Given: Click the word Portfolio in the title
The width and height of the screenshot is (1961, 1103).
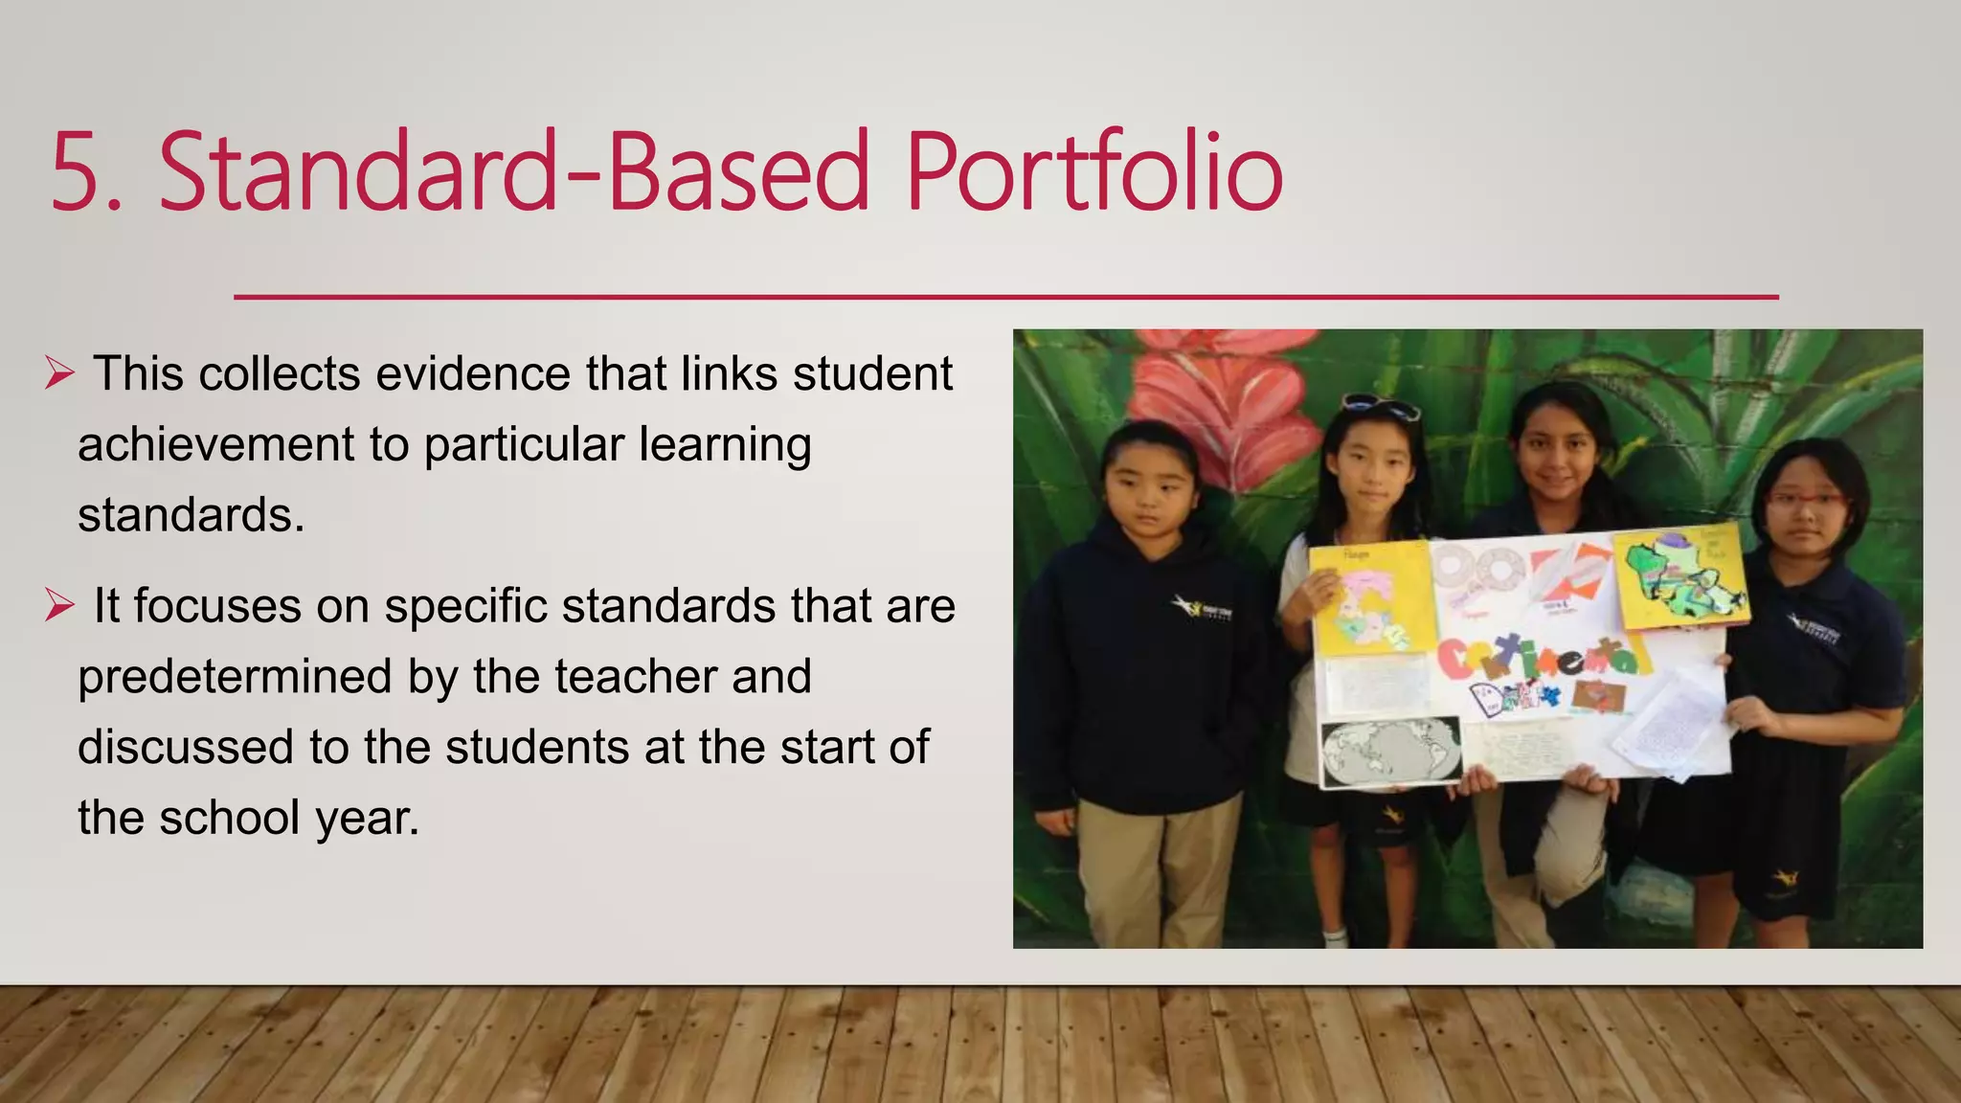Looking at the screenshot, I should (x=1093, y=172).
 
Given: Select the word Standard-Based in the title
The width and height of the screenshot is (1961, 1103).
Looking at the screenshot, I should (x=514, y=172).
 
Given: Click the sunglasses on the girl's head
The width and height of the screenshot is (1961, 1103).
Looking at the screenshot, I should (x=1380, y=407).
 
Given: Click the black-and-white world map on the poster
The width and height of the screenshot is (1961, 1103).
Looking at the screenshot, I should (x=1390, y=751).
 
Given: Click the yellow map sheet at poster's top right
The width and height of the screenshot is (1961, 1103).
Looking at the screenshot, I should (x=1680, y=578).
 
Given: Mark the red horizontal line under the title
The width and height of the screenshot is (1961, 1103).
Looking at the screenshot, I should (x=1005, y=297).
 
